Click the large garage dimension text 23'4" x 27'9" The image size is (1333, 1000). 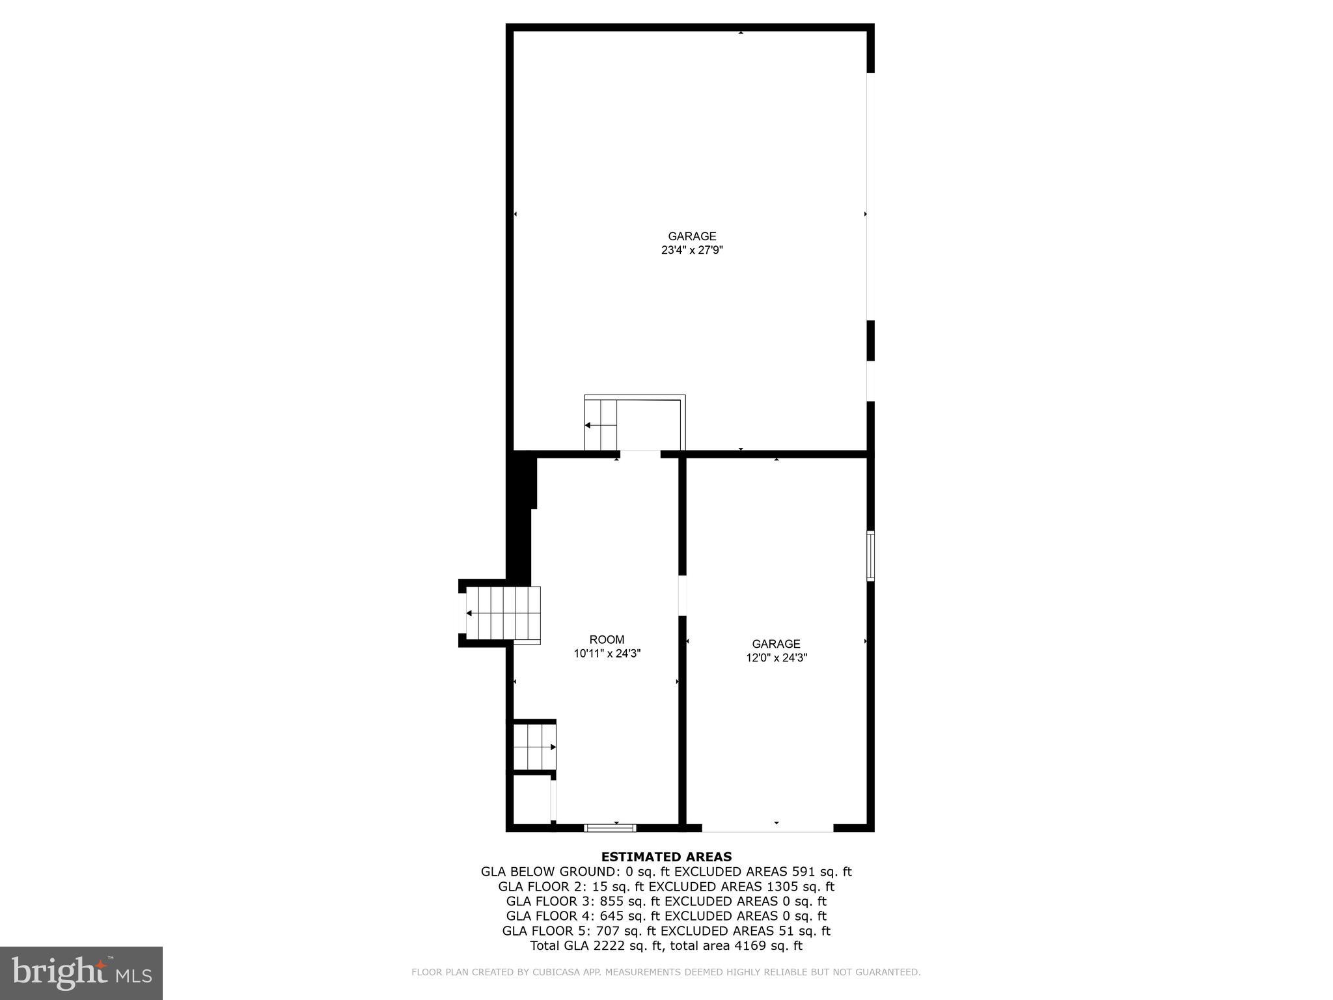pos(692,250)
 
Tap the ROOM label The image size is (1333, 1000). pos(607,640)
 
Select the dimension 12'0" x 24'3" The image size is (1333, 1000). pos(776,658)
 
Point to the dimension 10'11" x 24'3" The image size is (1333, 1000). pos(607,654)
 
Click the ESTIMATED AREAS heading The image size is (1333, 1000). pos(666,857)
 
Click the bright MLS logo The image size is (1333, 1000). pos(81,973)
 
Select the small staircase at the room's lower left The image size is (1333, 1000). pos(534,747)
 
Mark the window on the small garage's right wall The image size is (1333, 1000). pos(870,555)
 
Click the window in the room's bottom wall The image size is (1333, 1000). pos(610,828)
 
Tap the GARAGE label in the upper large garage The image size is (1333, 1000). pos(692,236)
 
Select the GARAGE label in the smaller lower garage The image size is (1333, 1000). pos(776,644)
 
